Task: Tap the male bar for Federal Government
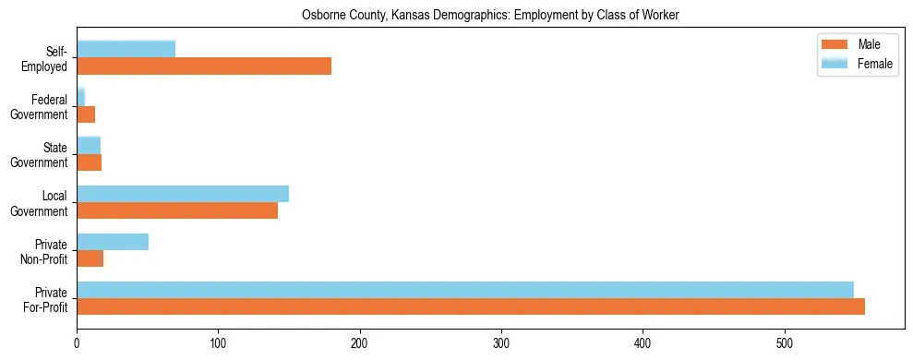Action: click(86, 114)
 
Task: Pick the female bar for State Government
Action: click(89, 145)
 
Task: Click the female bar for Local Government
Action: click(183, 194)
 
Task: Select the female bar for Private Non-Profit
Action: click(113, 242)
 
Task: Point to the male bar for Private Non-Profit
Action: click(90, 259)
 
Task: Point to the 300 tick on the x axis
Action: click(501, 330)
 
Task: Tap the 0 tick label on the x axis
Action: click(77, 343)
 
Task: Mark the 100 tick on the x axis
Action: click(218, 330)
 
